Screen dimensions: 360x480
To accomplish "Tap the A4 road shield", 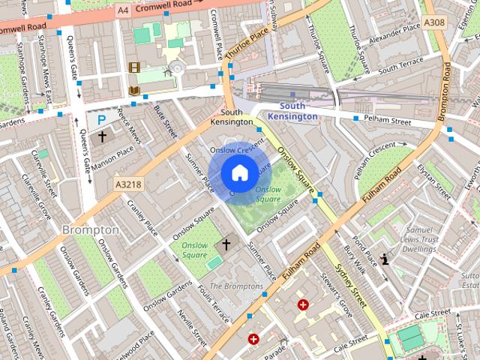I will coord(124,10).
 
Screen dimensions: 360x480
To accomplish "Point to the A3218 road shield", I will coord(129,183).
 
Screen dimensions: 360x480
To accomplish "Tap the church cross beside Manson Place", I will coord(103,136).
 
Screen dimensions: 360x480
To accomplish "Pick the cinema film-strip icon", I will coord(134,68).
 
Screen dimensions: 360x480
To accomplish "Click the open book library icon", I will coord(134,91).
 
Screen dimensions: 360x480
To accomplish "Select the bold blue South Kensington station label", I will coord(292,112).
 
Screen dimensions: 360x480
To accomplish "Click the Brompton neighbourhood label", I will coord(90,229).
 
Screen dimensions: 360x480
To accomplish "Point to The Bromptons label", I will coord(235,286).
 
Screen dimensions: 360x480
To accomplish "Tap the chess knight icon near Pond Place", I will coord(385,260).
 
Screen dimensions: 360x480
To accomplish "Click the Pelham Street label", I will coord(388,120).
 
